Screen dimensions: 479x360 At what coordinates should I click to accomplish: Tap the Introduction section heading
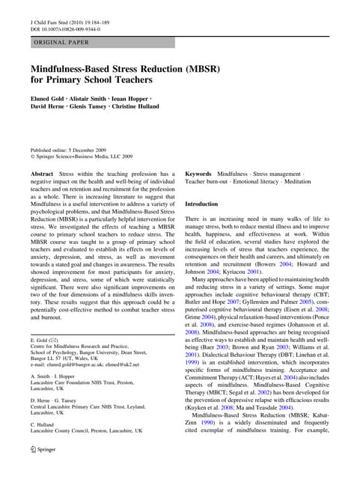click(201, 204)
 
